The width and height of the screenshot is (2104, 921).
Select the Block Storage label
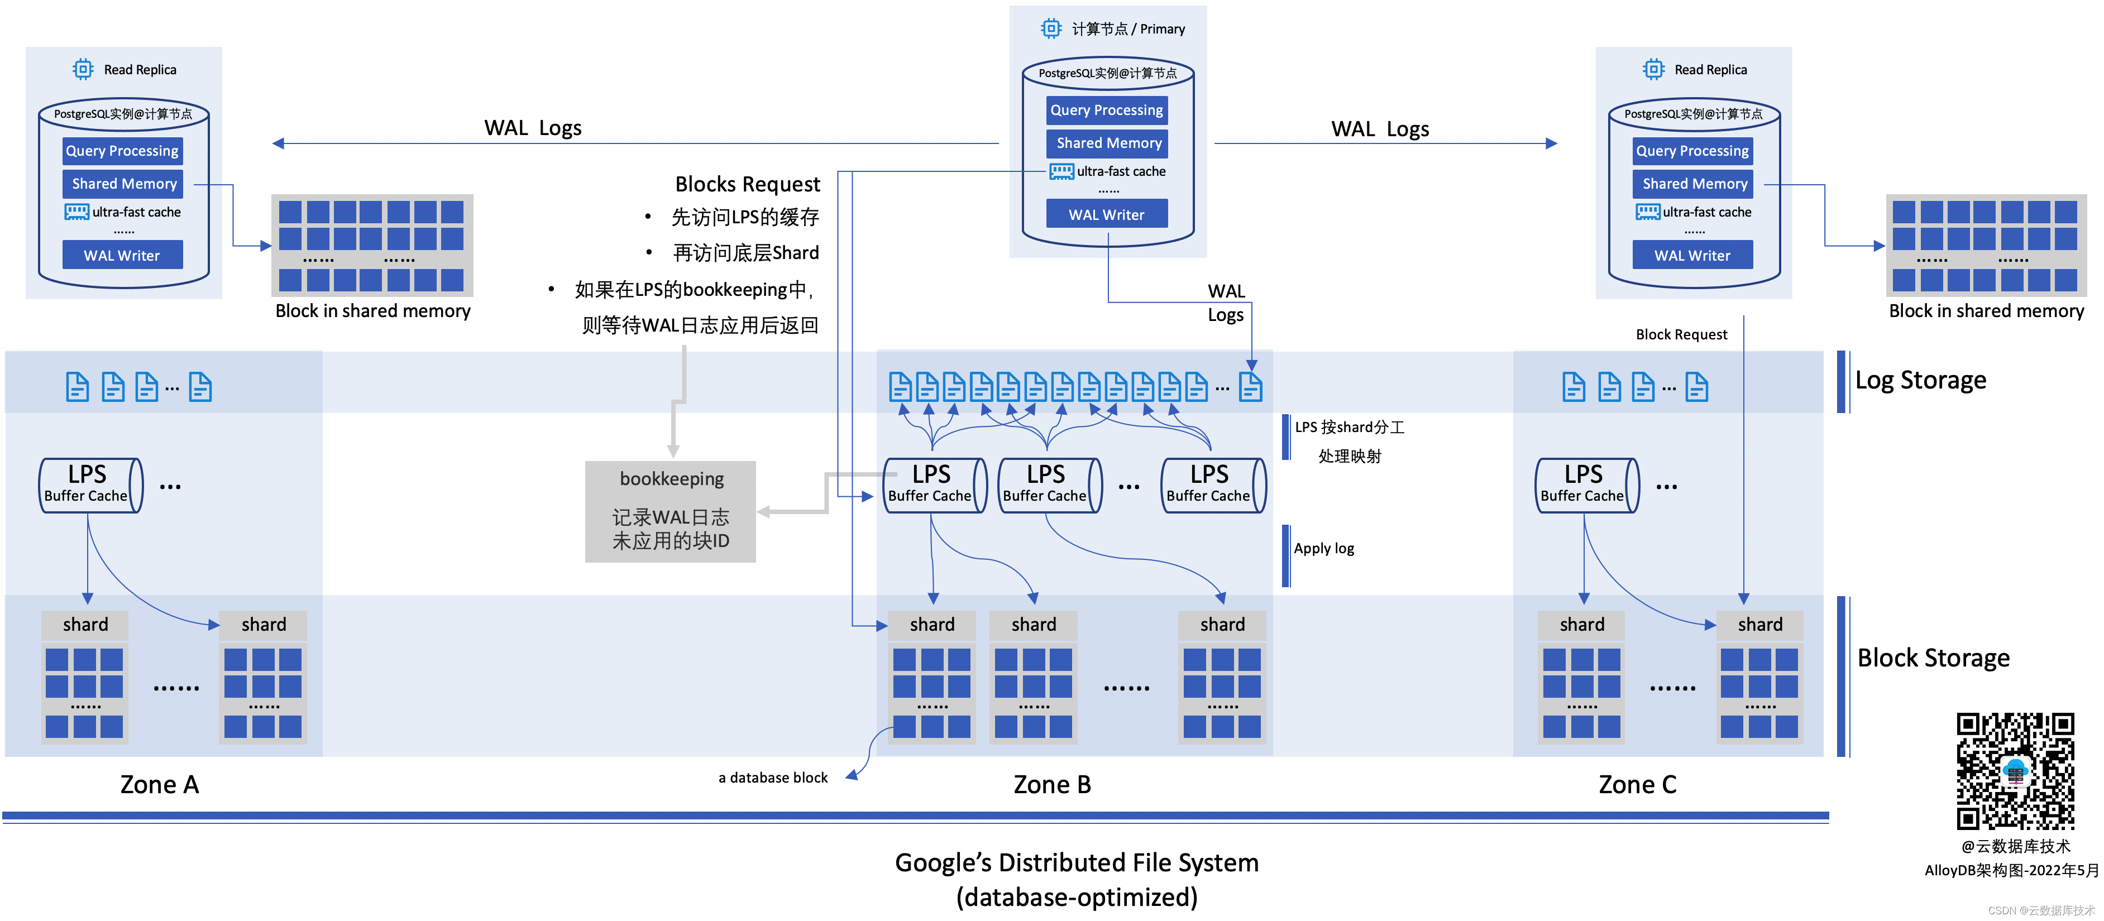[1933, 658]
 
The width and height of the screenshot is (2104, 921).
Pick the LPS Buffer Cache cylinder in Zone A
[90, 485]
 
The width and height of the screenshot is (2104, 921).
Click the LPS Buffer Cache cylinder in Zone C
[1586, 485]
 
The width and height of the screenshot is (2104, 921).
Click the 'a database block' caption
[773, 778]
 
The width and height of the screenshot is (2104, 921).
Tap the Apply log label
[1323, 549]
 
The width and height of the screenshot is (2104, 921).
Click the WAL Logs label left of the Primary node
[533, 128]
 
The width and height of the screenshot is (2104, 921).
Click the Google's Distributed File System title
[1077, 863]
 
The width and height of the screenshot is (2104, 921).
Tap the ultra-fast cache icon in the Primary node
[1061, 171]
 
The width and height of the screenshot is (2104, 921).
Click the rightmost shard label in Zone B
[1222, 625]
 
